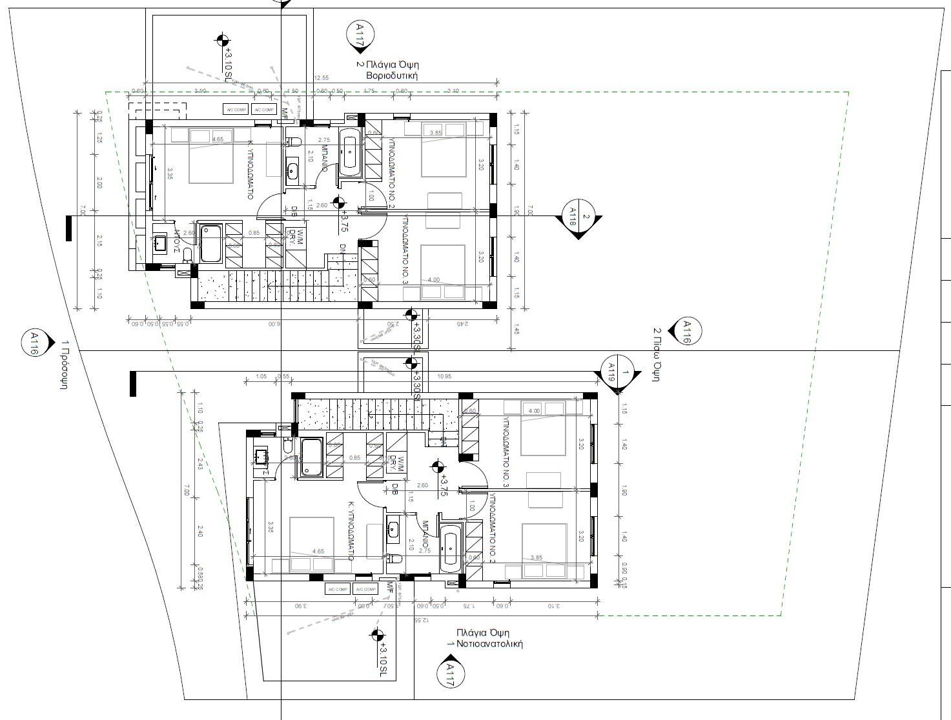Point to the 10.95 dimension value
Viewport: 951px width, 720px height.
coord(444,376)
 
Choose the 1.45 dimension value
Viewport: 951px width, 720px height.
coord(516,331)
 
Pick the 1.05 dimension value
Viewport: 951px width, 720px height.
coord(261,376)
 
